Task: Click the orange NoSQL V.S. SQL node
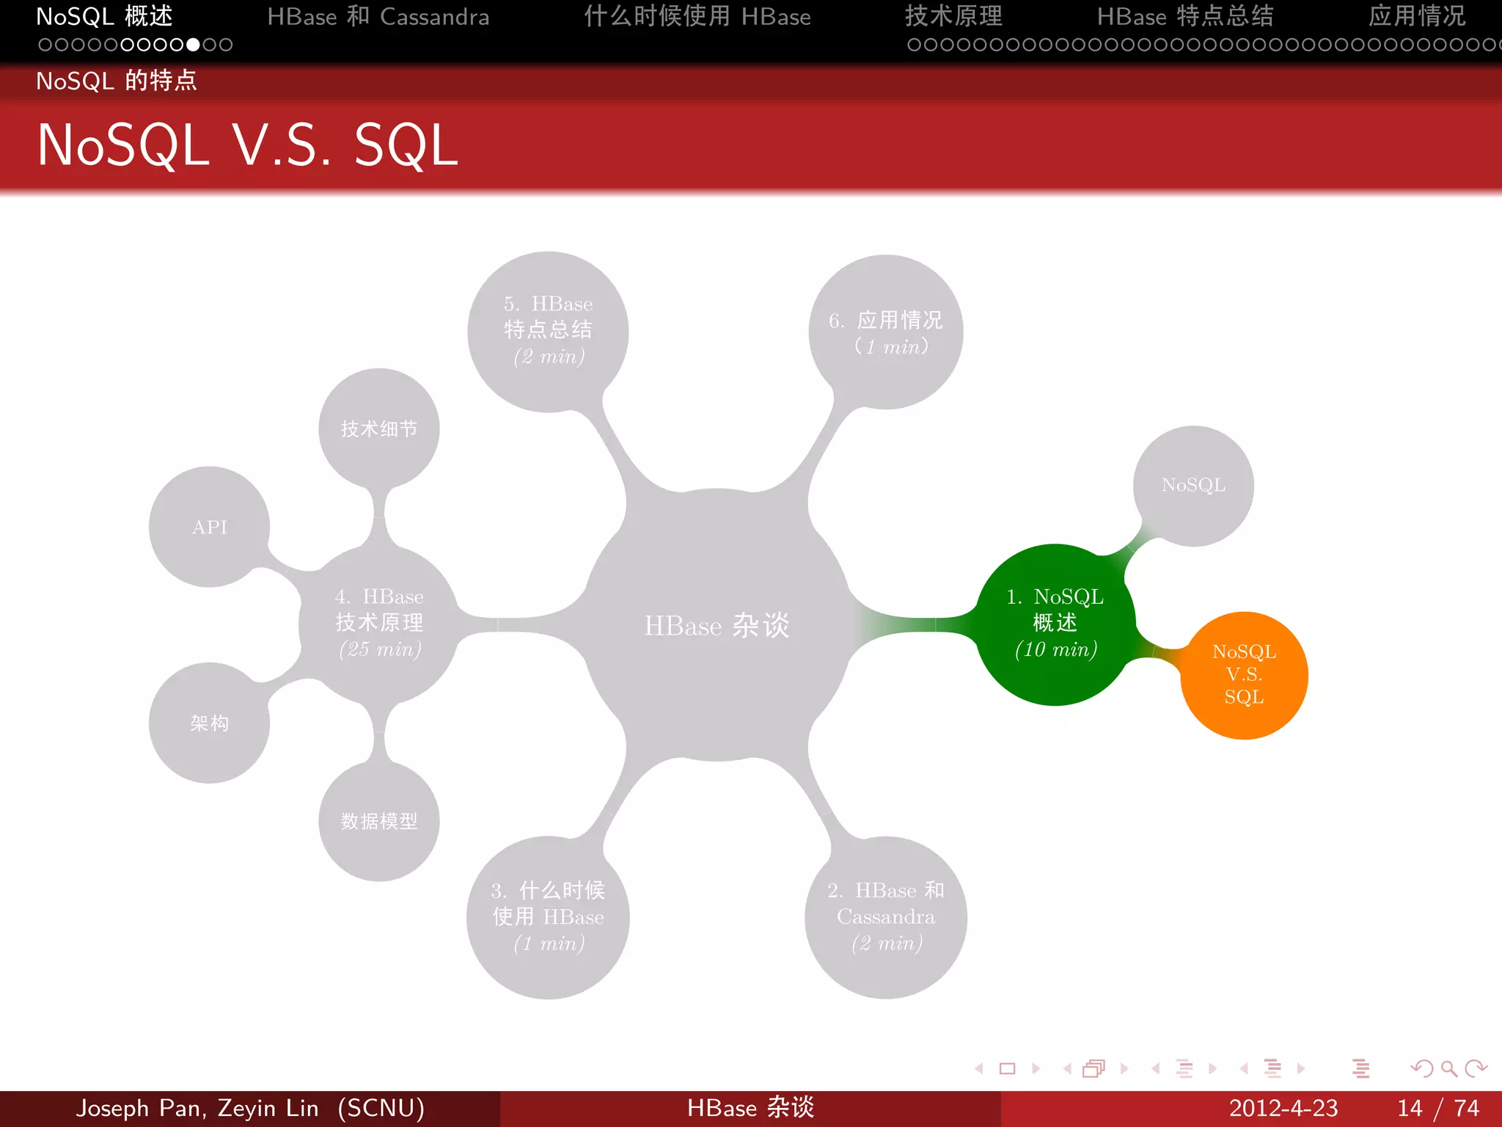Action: [1244, 675]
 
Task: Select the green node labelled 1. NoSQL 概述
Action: [1055, 624]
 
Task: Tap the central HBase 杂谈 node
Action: [717, 625]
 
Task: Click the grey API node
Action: [210, 527]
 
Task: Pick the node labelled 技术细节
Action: [378, 428]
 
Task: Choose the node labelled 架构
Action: [210, 723]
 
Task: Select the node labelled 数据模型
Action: [378, 821]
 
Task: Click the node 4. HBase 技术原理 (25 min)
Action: [379, 623]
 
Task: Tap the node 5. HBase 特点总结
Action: [548, 330]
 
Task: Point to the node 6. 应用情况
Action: [885, 332]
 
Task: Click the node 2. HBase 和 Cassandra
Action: [885, 917]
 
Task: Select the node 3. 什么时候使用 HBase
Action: [548, 917]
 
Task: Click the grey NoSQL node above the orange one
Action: [1193, 486]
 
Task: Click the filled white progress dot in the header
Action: [193, 45]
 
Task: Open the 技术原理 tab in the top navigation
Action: [953, 16]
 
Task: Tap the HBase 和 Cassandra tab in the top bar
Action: [378, 16]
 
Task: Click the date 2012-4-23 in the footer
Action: [1283, 1108]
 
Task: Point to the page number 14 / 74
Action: [1437, 1108]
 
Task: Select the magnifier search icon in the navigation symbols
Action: [1448, 1068]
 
